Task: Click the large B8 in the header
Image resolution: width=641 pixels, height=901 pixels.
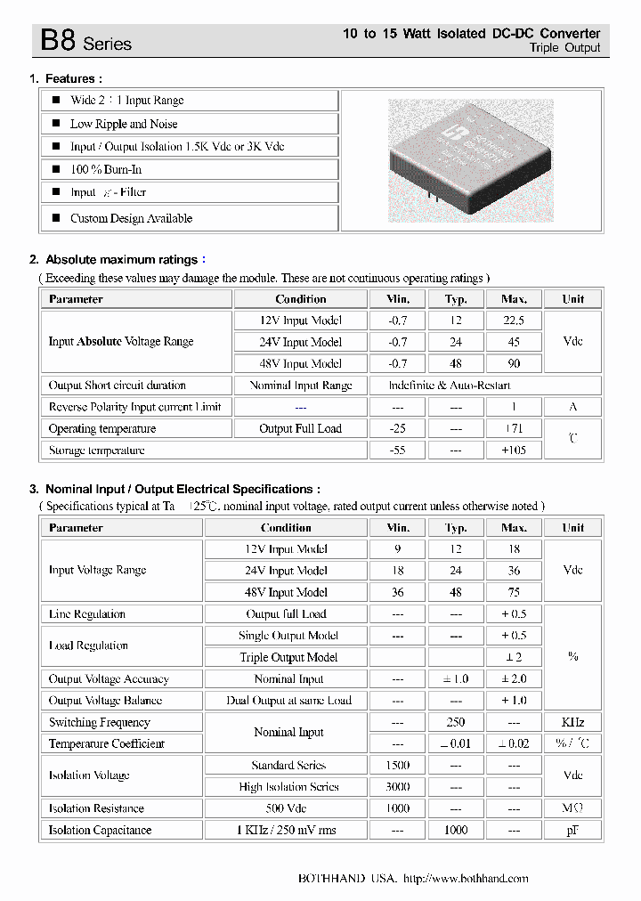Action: tap(58, 40)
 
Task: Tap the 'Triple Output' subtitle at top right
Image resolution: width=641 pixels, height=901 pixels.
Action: tap(564, 48)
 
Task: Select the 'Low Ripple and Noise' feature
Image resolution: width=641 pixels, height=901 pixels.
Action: tap(124, 124)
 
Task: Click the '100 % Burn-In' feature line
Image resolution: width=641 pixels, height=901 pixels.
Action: tap(106, 169)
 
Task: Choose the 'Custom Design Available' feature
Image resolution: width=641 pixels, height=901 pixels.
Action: tap(131, 218)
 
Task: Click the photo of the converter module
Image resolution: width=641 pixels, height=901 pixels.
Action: tap(470, 161)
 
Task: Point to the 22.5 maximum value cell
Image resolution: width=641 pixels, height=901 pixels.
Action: tap(514, 321)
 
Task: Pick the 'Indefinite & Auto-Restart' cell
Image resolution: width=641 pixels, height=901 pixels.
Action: tap(450, 386)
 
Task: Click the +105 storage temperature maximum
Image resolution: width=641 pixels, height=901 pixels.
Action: tap(514, 450)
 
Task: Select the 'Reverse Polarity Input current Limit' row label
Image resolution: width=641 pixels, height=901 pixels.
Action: tap(134, 407)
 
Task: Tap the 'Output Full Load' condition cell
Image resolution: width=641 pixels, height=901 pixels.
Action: tap(300, 429)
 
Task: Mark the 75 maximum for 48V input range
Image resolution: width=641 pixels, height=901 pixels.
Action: tap(514, 592)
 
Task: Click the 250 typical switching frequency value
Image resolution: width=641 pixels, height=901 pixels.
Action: tap(456, 722)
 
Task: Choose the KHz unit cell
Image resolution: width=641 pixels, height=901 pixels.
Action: tap(572, 722)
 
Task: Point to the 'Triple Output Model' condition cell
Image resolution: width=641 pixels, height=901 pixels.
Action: tap(288, 657)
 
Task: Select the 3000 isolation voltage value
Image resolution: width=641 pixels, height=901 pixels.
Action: tap(397, 787)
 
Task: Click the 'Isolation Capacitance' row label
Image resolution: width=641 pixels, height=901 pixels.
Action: tap(100, 831)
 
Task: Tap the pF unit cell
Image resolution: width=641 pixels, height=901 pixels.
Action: tap(572, 831)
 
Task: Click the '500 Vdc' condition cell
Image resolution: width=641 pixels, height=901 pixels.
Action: tap(286, 808)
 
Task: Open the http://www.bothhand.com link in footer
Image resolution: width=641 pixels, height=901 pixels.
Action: tap(466, 879)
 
